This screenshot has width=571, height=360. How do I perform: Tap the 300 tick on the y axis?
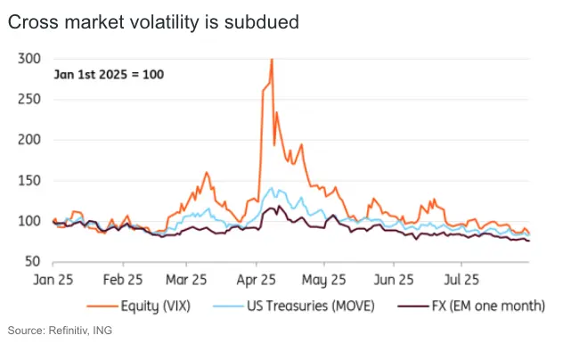pyautogui.click(x=30, y=58)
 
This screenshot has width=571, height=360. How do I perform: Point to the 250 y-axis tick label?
pyautogui.click(x=30, y=99)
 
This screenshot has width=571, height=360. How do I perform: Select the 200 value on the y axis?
pyautogui.click(x=30, y=140)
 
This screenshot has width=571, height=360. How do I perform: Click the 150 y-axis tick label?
pyautogui.click(x=30, y=181)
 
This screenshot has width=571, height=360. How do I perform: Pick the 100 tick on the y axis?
pyautogui.click(x=30, y=221)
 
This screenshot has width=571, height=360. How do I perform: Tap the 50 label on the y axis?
pyautogui.click(x=34, y=262)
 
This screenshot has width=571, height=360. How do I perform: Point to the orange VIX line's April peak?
pyautogui.click(x=271, y=60)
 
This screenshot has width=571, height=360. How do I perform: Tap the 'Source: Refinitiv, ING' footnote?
pyautogui.click(x=61, y=331)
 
